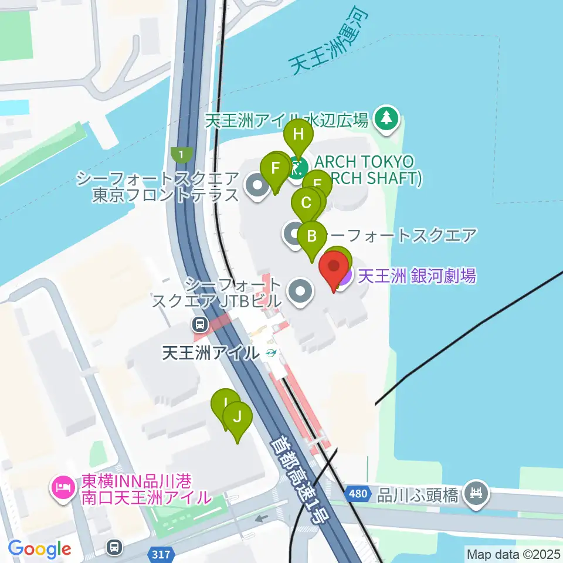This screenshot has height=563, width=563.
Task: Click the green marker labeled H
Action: [x=299, y=134]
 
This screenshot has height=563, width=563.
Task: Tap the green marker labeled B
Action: [x=312, y=236]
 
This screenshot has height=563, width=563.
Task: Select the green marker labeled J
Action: [x=238, y=417]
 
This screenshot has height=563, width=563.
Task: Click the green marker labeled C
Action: [x=306, y=203]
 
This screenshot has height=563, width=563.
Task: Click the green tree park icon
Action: [x=386, y=118]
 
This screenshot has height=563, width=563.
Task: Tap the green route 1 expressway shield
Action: [x=182, y=155]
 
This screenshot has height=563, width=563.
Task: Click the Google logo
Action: [x=39, y=549]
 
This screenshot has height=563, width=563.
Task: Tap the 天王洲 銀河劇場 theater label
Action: [x=417, y=275]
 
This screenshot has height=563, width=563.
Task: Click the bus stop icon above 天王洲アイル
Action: [x=201, y=324]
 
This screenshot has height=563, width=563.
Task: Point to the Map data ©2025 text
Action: [x=513, y=553]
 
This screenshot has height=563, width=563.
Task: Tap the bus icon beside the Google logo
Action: [x=114, y=548]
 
